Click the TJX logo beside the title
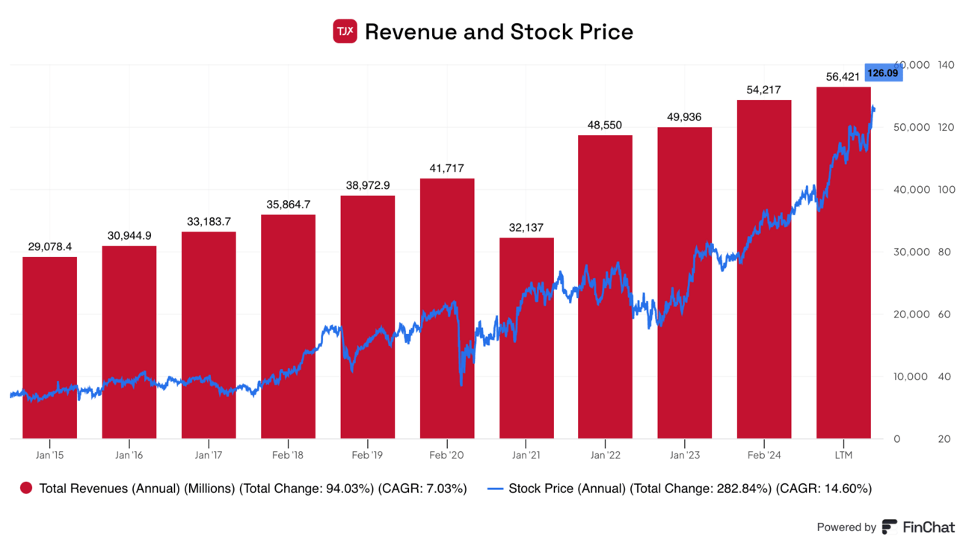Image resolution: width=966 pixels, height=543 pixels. [345, 31]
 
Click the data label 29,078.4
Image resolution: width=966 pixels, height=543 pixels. [49, 246]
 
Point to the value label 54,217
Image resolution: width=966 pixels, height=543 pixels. [763, 90]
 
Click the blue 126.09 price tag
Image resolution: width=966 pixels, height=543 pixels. [882, 73]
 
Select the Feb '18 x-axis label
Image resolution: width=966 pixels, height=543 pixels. [288, 455]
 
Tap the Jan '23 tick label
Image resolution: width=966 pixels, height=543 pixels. [685, 455]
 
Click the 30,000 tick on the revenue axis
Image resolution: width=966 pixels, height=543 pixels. [911, 252]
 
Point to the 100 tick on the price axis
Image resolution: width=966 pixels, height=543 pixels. [945, 190]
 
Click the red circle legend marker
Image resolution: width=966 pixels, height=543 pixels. [26, 489]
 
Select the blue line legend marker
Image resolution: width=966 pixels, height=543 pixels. [495, 489]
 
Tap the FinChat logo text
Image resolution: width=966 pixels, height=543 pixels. [927, 527]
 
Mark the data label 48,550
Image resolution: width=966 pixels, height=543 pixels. [605, 125]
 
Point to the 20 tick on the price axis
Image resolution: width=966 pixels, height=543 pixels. [945, 438]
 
